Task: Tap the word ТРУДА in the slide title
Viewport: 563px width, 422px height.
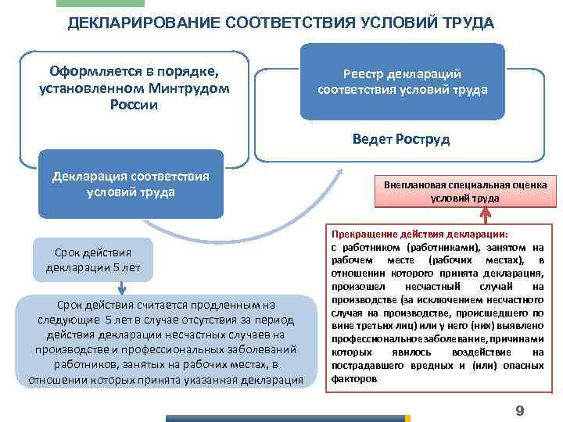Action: (467, 22)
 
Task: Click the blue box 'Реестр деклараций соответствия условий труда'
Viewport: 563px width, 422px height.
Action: (402, 82)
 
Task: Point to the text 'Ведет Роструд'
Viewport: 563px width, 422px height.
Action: (401, 139)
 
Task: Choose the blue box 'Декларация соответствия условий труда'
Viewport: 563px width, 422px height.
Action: (131, 184)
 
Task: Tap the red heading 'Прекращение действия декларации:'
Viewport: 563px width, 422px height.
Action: (420, 234)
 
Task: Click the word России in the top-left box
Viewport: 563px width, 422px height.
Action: (134, 105)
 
